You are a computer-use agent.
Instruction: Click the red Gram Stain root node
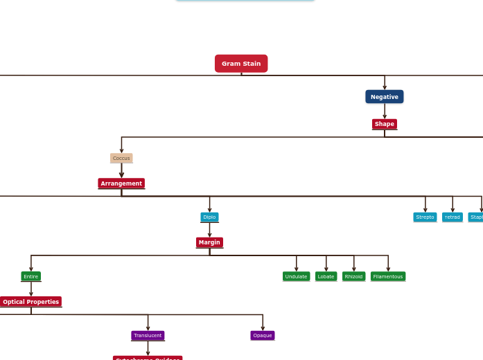click(241, 64)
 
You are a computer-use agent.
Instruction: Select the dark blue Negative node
click(385, 97)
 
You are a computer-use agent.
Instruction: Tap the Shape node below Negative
click(385, 124)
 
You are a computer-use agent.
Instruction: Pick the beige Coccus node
click(121, 158)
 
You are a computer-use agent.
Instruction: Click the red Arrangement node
click(121, 183)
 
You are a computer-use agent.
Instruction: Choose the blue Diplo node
click(209, 217)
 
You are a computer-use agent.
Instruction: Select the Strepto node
click(425, 217)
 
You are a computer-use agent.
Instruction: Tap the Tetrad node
click(453, 217)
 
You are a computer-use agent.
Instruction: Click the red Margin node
click(209, 242)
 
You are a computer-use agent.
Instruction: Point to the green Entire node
click(31, 276)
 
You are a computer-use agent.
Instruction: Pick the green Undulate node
click(296, 276)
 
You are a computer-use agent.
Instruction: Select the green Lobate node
click(326, 276)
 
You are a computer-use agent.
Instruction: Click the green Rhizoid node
click(353, 276)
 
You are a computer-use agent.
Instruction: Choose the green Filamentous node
click(388, 276)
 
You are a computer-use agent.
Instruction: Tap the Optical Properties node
click(31, 302)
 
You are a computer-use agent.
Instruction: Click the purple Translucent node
click(148, 336)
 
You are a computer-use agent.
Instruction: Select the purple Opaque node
click(263, 336)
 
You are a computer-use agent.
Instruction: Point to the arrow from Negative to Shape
click(385, 111)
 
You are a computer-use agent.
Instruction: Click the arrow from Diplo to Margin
click(209, 230)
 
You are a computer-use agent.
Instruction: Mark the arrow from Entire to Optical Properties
click(31, 289)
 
